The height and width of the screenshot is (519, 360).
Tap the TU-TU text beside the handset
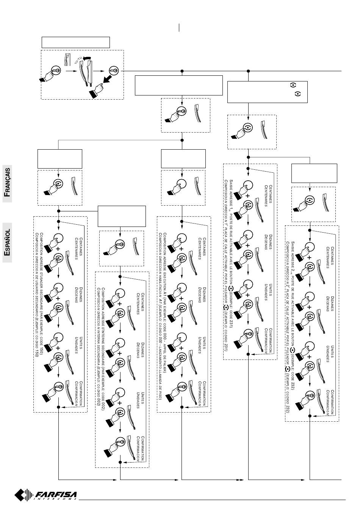tap(78, 61)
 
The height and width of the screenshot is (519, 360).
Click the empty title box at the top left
tap(75, 42)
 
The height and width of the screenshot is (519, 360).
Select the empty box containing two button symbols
tap(267, 91)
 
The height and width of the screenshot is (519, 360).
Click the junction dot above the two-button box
tap(248, 71)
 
